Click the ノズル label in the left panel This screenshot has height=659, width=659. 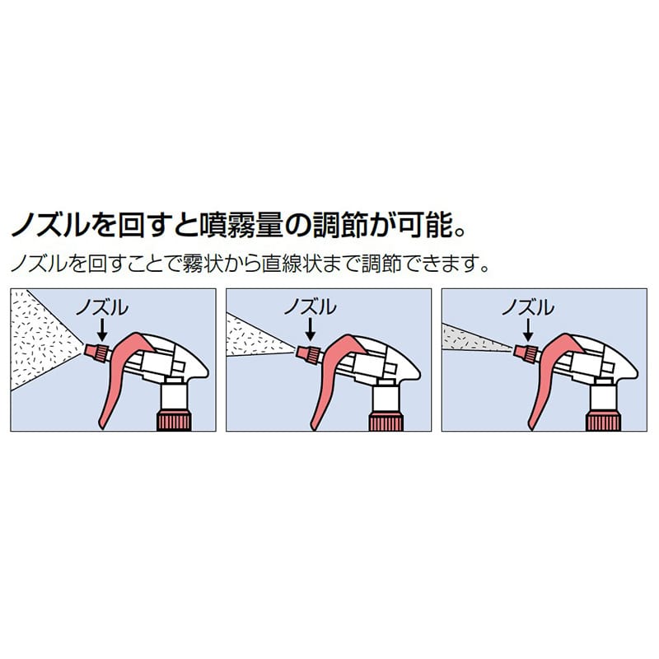[102, 307]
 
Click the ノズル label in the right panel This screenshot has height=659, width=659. [528, 307]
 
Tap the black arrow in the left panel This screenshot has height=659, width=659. [101, 329]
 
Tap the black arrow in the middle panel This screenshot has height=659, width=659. [310, 329]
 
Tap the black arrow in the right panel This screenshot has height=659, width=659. [528, 329]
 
